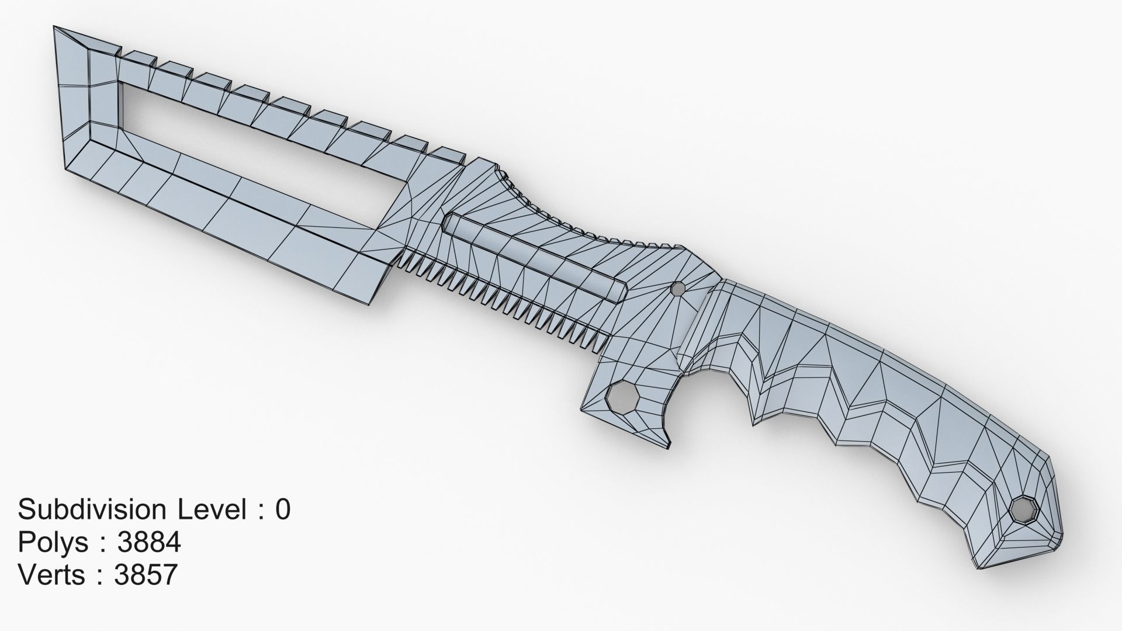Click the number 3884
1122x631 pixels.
[x=148, y=542]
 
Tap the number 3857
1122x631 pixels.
[x=146, y=575]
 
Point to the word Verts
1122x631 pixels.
[x=52, y=575]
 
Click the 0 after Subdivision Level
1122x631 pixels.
[x=282, y=509]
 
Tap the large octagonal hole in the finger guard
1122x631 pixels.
[x=619, y=397]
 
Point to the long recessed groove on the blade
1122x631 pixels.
[x=535, y=257]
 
